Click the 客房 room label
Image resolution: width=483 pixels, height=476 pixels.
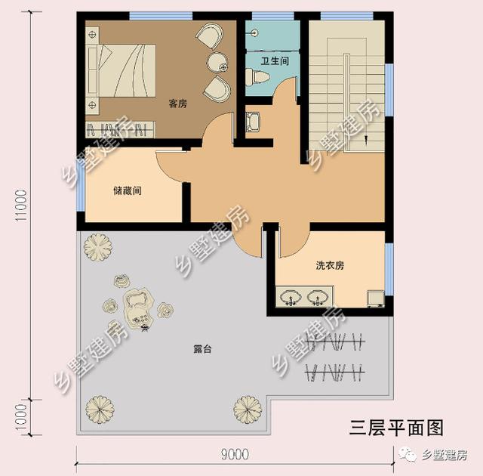point(178,104)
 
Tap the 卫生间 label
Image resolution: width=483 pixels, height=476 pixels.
point(275,60)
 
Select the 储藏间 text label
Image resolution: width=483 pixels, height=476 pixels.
point(128,190)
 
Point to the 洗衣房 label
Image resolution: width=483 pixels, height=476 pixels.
point(330,265)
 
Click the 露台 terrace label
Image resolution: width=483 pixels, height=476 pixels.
point(202,349)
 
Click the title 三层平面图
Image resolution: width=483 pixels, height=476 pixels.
point(396,428)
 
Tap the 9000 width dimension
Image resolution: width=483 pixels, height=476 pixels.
point(235,454)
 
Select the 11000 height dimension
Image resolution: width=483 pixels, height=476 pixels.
point(22,206)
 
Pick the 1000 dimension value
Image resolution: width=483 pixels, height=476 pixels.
point(22,417)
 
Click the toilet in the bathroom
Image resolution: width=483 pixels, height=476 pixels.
point(257,76)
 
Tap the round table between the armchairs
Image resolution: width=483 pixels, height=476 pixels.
point(217,62)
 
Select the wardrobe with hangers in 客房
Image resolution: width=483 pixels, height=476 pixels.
point(120,129)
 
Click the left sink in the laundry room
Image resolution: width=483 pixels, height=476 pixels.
point(291,297)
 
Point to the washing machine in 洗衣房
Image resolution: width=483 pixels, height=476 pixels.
point(376,298)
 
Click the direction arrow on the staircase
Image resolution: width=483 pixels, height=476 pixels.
point(366,141)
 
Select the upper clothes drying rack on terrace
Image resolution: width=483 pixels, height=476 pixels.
point(336,342)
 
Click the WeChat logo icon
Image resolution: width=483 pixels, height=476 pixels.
point(408,454)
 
